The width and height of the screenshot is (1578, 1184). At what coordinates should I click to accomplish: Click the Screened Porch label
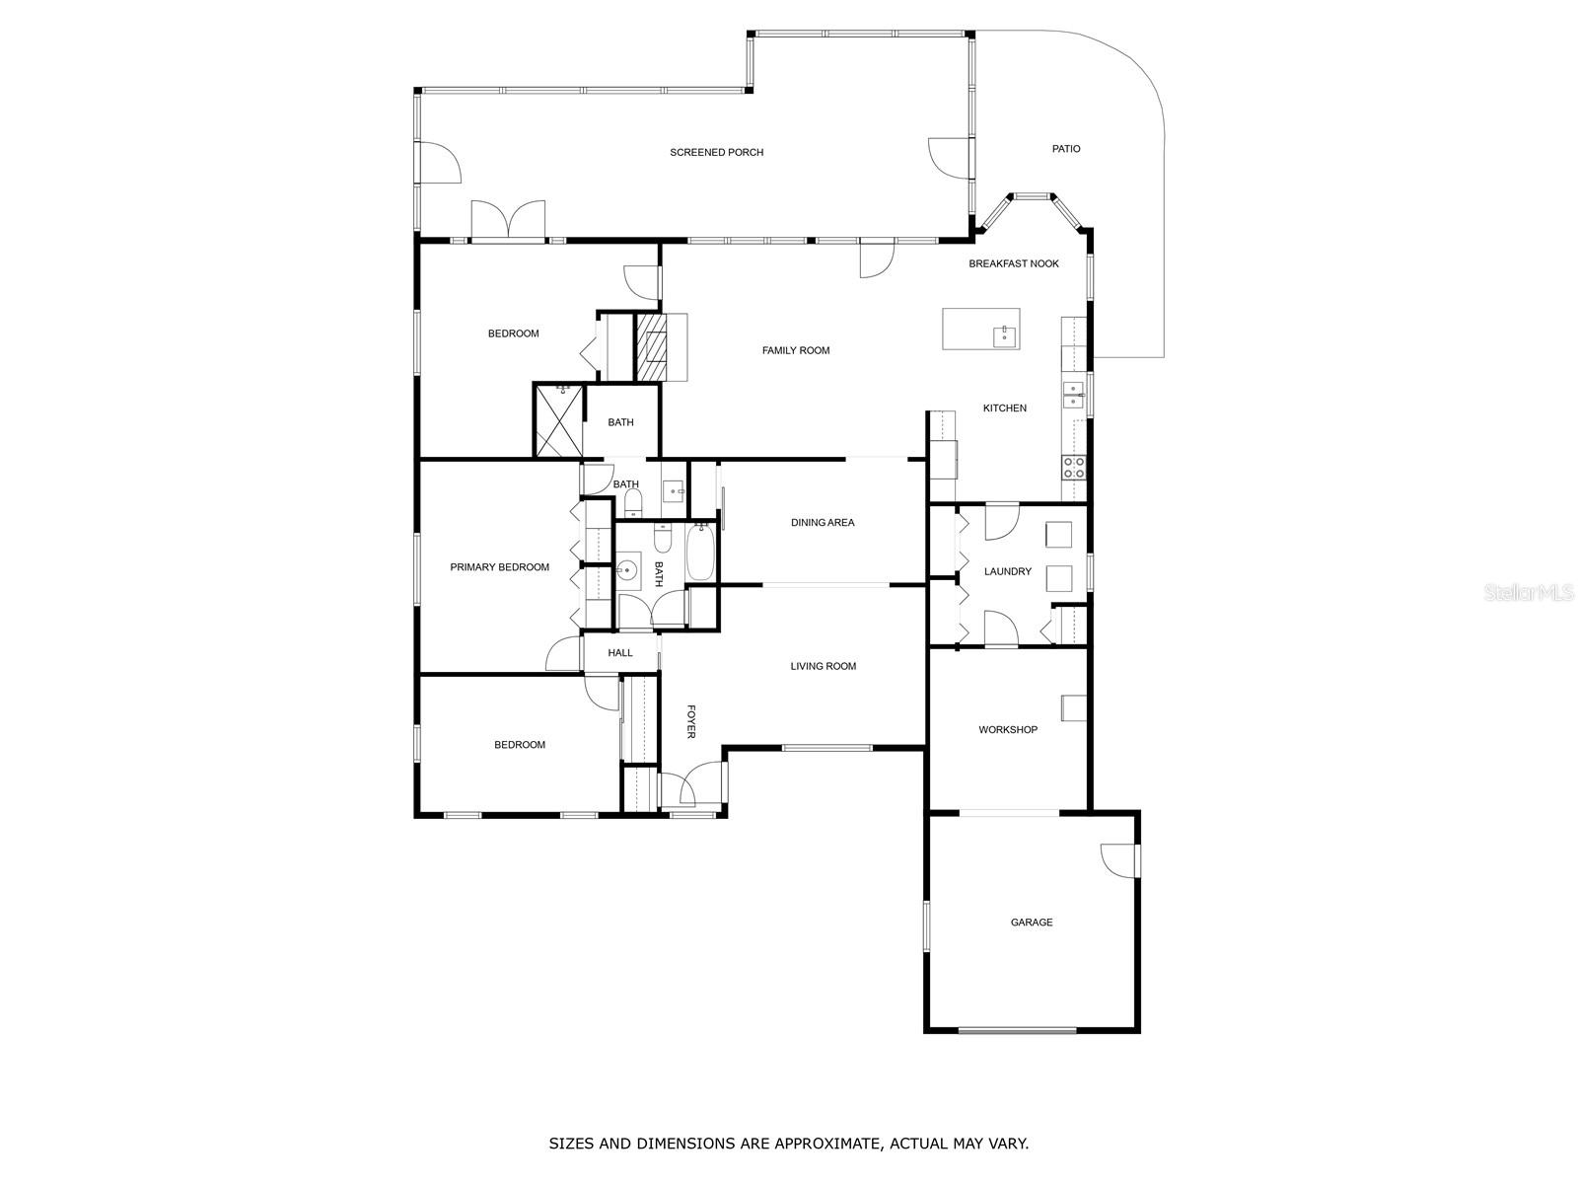[716, 152]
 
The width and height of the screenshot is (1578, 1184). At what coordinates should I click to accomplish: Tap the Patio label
[1065, 149]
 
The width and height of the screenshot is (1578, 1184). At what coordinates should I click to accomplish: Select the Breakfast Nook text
[1013, 263]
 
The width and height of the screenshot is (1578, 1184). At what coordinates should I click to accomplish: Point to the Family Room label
[796, 351]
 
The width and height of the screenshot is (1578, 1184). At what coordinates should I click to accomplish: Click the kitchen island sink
[1004, 335]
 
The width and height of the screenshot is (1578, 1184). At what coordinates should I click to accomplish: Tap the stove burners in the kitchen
[1073, 468]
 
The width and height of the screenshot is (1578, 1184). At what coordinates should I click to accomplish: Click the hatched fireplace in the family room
[651, 347]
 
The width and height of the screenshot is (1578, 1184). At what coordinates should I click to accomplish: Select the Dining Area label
[823, 523]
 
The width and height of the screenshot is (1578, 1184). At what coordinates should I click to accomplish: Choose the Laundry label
[1007, 571]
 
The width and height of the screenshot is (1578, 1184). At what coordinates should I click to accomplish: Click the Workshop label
[1008, 730]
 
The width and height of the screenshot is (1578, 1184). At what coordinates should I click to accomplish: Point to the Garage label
[1031, 923]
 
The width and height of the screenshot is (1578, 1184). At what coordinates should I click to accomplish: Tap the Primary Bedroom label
[500, 567]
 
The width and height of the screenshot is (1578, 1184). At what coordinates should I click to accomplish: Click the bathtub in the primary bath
[699, 553]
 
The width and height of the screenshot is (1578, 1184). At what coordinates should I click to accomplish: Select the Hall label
[619, 653]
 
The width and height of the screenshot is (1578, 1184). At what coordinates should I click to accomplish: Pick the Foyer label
[691, 721]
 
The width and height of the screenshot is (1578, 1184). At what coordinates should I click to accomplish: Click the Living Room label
[824, 666]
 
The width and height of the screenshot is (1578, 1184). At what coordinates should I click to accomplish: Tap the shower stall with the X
[558, 421]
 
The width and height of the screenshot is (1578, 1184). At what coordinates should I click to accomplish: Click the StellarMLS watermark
[1529, 593]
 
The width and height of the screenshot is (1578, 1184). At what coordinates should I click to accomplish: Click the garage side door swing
[1117, 860]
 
